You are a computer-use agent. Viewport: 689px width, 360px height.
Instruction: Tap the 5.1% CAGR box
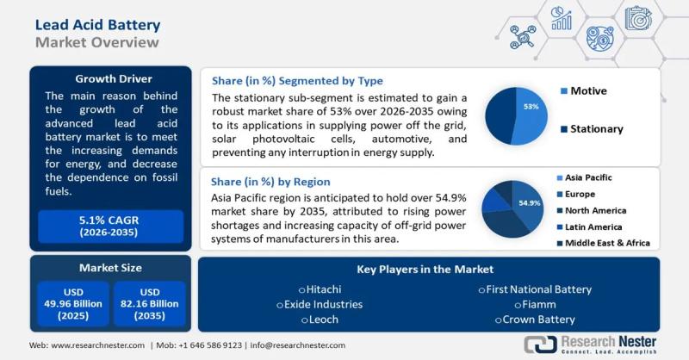click(109, 226)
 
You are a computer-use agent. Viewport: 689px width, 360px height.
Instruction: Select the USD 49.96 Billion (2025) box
click(71, 303)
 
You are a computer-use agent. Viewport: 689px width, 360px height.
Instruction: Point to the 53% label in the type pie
click(531, 107)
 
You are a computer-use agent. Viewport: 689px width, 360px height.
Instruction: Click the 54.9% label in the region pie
click(529, 203)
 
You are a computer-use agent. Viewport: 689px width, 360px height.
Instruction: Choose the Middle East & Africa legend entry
click(606, 243)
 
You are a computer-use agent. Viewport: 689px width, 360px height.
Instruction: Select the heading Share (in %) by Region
click(271, 183)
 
